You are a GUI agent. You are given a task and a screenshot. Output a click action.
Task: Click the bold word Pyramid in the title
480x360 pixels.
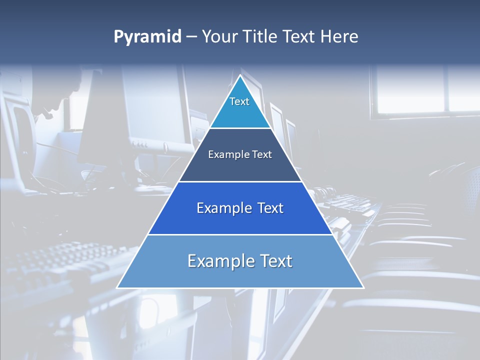pos(147,37)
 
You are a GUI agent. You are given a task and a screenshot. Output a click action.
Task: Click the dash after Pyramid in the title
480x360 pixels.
pos(191,37)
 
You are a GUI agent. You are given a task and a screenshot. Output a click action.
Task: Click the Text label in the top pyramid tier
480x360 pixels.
pos(239,101)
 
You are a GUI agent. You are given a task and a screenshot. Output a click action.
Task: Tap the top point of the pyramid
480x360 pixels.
pos(240,76)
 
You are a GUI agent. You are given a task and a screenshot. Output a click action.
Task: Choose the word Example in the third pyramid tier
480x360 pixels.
pos(222,208)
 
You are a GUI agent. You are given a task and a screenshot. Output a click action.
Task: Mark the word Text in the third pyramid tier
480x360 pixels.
pos(270,208)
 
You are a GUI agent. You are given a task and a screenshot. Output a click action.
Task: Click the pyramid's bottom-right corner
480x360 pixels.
pos(363,287)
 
